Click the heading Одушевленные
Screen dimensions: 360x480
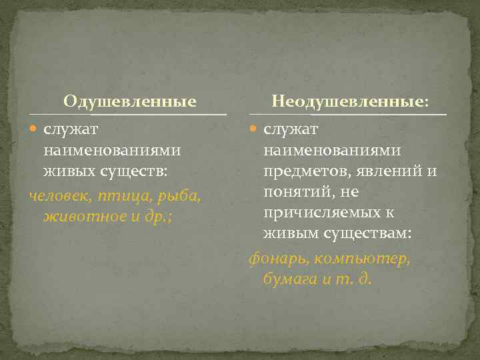point(130,102)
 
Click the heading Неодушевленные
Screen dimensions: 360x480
point(350,102)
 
